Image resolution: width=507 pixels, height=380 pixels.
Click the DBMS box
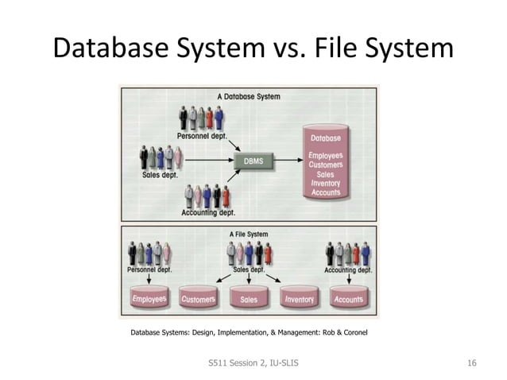[x=253, y=161]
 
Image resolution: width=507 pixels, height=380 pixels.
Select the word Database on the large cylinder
[x=326, y=139]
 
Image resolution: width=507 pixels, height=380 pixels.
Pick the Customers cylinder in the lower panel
[x=198, y=299]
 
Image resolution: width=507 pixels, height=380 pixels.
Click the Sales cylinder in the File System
[x=249, y=300]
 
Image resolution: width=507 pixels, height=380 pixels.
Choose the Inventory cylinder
[x=299, y=299]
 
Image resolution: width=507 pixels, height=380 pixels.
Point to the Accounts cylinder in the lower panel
[x=348, y=299]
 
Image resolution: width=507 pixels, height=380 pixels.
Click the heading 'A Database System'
[x=249, y=96]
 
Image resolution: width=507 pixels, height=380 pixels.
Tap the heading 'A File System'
[x=249, y=235]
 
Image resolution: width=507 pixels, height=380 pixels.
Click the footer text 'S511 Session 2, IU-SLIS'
[x=253, y=363]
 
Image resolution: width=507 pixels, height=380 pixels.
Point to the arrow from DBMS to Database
[x=287, y=161]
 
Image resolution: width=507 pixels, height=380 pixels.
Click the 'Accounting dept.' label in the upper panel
[x=208, y=212]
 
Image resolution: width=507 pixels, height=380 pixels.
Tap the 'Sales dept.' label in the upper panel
[x=160, y=175]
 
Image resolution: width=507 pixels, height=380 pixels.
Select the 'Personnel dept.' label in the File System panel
[x=149, y=270]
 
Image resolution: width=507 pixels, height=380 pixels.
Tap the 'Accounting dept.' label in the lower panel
[x=348, y=270]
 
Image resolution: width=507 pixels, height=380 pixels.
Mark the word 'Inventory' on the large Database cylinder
[x=326, y=184]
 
